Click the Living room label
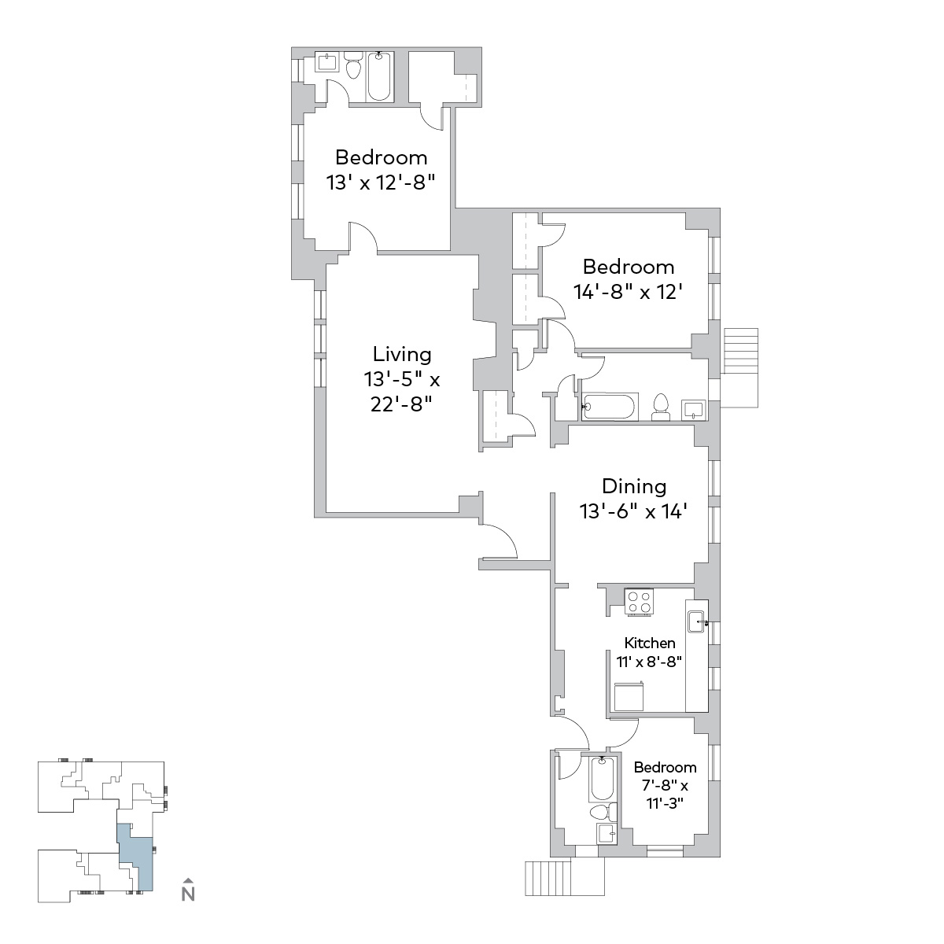pos(402,354)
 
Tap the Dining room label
pos(634,486)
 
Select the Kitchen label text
pos(650,643)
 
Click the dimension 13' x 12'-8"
pos(381,183)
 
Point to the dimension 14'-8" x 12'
pos(628,293)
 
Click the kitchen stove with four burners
pos(639,602)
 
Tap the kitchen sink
pos(696,621)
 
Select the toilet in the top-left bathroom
pos(352,65)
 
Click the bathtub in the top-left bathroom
pos(378,76)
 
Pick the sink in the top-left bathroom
pos(326,61)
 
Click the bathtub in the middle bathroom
pos(610,407)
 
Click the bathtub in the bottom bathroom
pos(602,779)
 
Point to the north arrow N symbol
pos(188,894)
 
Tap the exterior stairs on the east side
pos(741,368)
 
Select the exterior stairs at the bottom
pos(564,878)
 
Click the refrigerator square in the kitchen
pos(629,696)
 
